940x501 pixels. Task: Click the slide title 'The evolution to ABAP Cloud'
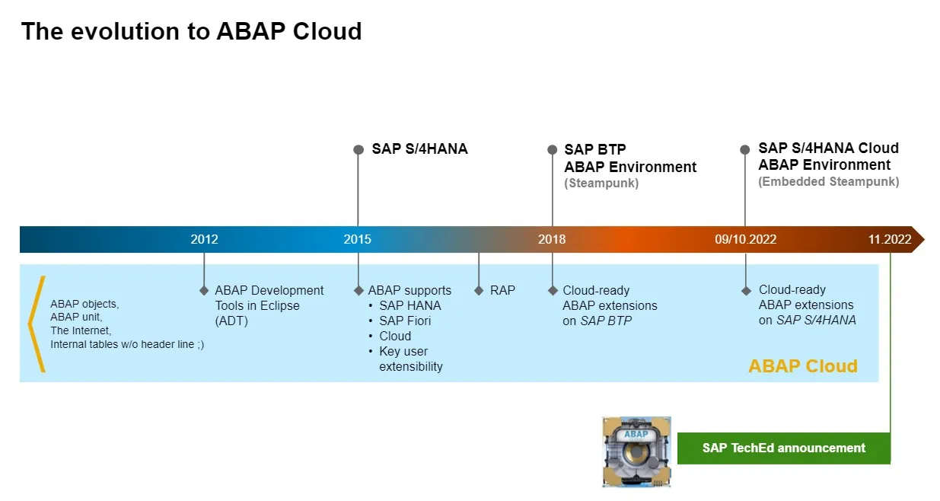[x=191, y=31]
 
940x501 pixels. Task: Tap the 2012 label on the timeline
[x=204, y=239]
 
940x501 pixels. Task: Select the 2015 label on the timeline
[x=358, y=239]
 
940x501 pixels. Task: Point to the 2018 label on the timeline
[x=552, y=239]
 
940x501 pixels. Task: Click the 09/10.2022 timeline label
[x=745, y=239]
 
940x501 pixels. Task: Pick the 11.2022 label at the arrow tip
[x=889, y=239]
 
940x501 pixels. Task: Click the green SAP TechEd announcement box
[x=783, y=448]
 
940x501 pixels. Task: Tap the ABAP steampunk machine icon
[x=636, y=452]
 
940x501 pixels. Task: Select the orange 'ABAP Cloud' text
[x=803, y=366]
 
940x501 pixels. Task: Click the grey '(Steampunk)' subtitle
[x=601, y=183]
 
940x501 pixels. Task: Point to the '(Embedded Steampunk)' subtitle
[x=828, y=182]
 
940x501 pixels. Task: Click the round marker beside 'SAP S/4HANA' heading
[x=358, y=150]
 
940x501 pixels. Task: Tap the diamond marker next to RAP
[x=479, y=290]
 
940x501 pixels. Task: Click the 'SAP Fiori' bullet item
[x=405, y=321]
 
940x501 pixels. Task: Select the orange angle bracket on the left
[x=36, y=324]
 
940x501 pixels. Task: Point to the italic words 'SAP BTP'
[x=606, y=321]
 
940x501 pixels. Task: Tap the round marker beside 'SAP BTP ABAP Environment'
[x=553, y=150]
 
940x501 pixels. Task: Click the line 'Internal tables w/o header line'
[x=126, y=344]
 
